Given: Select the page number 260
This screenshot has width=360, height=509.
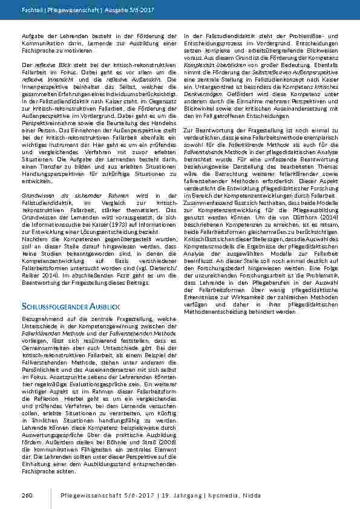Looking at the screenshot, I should click(26, 495).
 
